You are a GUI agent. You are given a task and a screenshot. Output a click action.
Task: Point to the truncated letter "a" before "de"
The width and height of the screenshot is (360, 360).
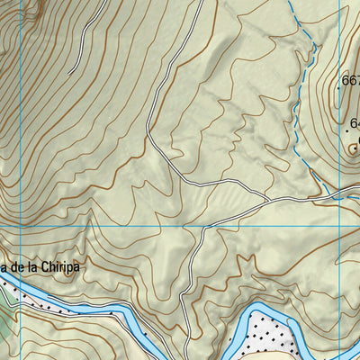(4, 268)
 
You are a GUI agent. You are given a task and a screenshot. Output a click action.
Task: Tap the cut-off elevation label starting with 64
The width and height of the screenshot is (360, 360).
(355, 123)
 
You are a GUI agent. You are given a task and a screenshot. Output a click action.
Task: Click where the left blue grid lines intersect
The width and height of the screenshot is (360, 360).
(20, 226)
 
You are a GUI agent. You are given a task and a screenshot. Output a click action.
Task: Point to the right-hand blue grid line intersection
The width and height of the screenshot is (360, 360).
(339, 226)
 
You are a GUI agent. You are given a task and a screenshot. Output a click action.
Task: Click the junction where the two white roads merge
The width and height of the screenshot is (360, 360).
(267, 196)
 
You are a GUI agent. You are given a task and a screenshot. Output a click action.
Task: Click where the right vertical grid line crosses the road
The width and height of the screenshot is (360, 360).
(339, 193)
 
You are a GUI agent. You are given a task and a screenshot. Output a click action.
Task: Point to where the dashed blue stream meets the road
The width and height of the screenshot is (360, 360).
(321, 193)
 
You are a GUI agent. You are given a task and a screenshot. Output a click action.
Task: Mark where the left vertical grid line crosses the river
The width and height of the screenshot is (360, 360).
(20, 293)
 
